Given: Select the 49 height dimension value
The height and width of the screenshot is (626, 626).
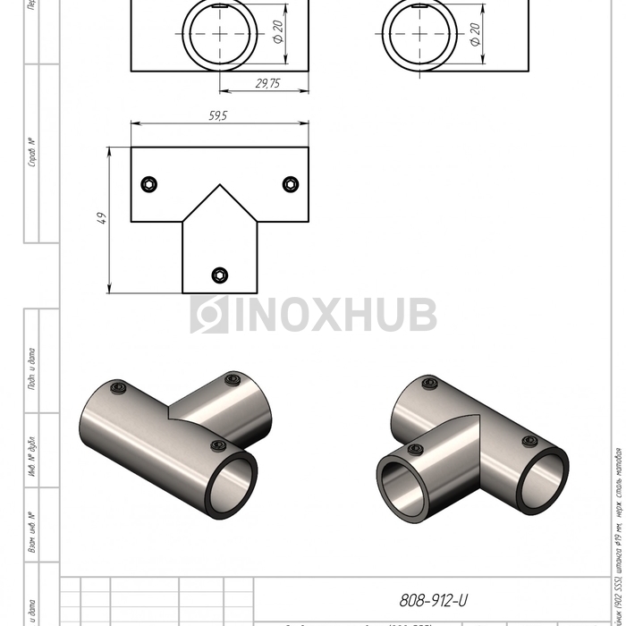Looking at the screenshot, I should [x=102, y=218].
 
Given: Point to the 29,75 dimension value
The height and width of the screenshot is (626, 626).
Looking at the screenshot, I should [x=267, y=82].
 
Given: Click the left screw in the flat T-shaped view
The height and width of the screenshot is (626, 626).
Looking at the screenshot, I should [x=149, y=184].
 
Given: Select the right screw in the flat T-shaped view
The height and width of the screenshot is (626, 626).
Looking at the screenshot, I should [x=290, y=184].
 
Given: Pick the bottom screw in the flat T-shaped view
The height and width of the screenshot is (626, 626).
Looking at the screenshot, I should [x=219, y=275].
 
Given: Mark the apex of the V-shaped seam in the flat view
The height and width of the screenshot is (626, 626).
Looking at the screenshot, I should [x=219, y=186].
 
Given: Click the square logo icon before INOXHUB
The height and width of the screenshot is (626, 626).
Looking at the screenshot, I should [x=209, y=315].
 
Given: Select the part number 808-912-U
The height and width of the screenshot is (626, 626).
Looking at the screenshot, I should [x=433, y=601].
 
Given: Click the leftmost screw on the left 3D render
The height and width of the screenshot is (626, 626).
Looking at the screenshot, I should [x=118, y=387].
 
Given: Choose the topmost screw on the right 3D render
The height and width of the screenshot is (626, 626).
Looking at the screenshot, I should [x=428, y=385].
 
